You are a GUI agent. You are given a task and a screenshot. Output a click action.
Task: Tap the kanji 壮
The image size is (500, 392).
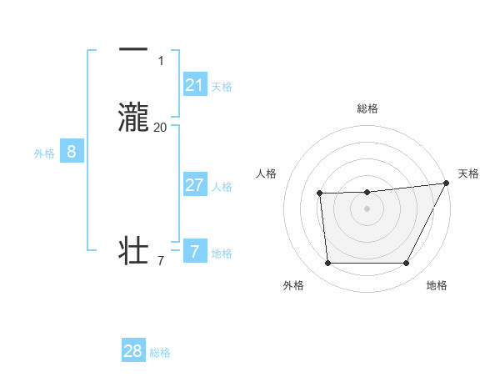[133, 250]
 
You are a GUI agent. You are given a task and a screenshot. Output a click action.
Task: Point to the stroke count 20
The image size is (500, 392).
[160, 127]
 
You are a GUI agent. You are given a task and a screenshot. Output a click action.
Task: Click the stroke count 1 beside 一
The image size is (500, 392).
[160, 60]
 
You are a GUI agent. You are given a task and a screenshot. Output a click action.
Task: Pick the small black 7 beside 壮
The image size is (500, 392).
[160, 261]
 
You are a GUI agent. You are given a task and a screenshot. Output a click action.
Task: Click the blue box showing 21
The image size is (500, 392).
[194, 85]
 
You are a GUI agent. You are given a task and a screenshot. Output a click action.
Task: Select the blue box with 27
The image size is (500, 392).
[194, 185]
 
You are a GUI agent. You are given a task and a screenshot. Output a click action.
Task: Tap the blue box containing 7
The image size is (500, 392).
[194, 251]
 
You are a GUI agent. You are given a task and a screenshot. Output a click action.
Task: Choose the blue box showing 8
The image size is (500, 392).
[72, 152]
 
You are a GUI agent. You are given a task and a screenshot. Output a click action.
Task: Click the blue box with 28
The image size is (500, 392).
[132, 351]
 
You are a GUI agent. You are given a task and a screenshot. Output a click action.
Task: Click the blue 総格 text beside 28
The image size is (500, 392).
[161, 353]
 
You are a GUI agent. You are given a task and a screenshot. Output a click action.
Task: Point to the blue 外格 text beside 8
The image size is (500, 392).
[44, 153]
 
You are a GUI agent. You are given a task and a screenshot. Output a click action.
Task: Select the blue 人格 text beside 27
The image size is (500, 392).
[222, 187]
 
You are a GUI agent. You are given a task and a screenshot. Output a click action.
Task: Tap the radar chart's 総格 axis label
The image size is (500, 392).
[367, 108]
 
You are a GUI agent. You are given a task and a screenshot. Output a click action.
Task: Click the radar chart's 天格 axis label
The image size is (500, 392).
[468, 173]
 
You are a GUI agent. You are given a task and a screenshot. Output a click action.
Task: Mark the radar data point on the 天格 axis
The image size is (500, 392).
[447, 183]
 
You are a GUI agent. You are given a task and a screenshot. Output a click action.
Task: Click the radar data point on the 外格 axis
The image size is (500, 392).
[327, 264]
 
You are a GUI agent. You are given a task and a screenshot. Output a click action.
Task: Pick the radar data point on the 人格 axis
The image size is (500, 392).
[319, 193]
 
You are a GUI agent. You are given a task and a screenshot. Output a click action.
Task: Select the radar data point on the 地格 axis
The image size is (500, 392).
[407, 264]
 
